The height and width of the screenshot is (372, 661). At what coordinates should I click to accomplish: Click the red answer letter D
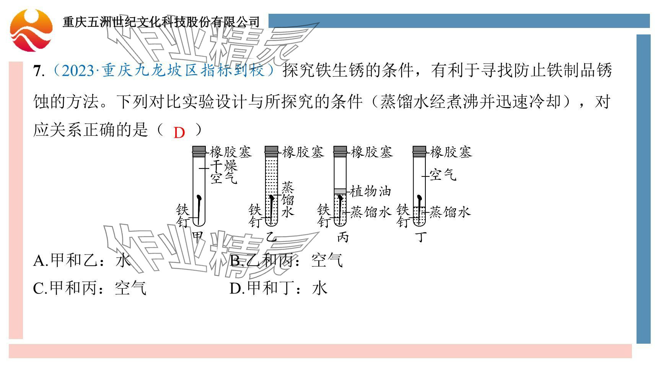179,133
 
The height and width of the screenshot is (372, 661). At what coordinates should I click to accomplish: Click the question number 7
37,71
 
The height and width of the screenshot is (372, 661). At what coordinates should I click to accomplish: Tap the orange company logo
31,30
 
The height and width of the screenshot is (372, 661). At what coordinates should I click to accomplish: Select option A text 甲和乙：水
82,261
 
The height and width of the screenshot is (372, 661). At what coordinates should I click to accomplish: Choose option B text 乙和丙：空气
286,261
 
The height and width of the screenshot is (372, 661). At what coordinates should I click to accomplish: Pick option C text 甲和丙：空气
90,288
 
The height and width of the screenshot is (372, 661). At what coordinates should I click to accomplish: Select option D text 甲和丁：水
278,288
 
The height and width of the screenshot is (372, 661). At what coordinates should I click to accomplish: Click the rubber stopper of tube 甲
199,152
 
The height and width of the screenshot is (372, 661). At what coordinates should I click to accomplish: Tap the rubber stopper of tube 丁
419,152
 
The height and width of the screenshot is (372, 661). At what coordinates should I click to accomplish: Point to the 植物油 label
371,191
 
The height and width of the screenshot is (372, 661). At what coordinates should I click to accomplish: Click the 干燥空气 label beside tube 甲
224,172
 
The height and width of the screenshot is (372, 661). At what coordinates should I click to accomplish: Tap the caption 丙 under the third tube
342,237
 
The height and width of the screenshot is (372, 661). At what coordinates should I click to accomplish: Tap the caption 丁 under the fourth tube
421,237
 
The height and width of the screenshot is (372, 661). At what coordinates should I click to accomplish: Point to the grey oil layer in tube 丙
340,191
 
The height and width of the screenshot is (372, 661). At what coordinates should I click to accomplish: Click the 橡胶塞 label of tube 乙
303,152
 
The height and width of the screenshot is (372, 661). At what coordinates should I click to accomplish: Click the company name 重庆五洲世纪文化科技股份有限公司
161,22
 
